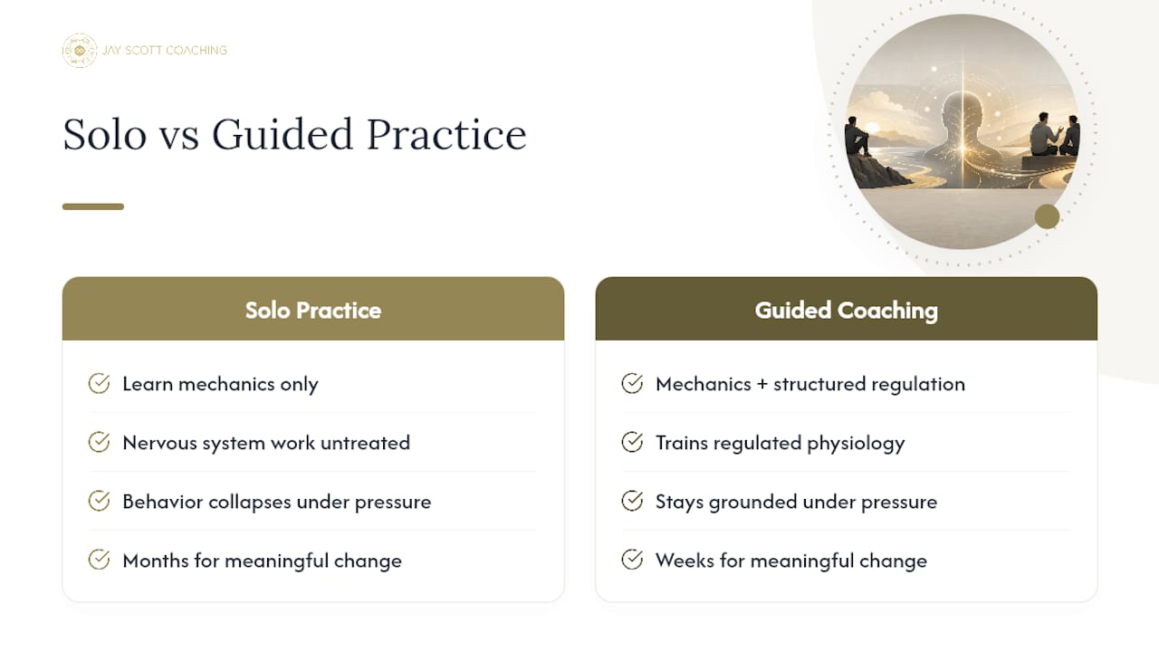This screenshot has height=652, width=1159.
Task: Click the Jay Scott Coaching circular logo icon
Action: pos(79,51)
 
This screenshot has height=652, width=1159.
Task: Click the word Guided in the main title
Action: pos(283,134)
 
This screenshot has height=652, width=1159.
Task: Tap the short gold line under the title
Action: pos(93,206)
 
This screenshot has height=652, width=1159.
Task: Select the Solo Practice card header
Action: pos(313,309)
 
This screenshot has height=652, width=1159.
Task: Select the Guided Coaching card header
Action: pos(846,309)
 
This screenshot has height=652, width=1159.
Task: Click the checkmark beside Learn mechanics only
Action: pos(99,383)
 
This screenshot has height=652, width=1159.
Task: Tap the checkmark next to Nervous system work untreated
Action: pos(99,443)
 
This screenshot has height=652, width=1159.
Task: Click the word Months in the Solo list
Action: pos(156,561)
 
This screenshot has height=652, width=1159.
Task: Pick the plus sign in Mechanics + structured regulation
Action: pos(762,385)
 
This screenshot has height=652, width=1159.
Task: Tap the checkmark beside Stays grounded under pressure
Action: pos(632,501)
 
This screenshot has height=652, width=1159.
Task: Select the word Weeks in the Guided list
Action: pos(685,561)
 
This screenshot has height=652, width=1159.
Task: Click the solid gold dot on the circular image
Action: pos(1048,216)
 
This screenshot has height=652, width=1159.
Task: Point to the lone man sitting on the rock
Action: pos(857,136)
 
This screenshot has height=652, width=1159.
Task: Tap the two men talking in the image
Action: pos(1054,135)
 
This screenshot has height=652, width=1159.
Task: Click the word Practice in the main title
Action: pos(446,134)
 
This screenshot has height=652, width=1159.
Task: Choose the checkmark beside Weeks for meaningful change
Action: pos(632,560)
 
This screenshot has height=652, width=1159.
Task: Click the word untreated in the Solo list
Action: pos(365,443)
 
